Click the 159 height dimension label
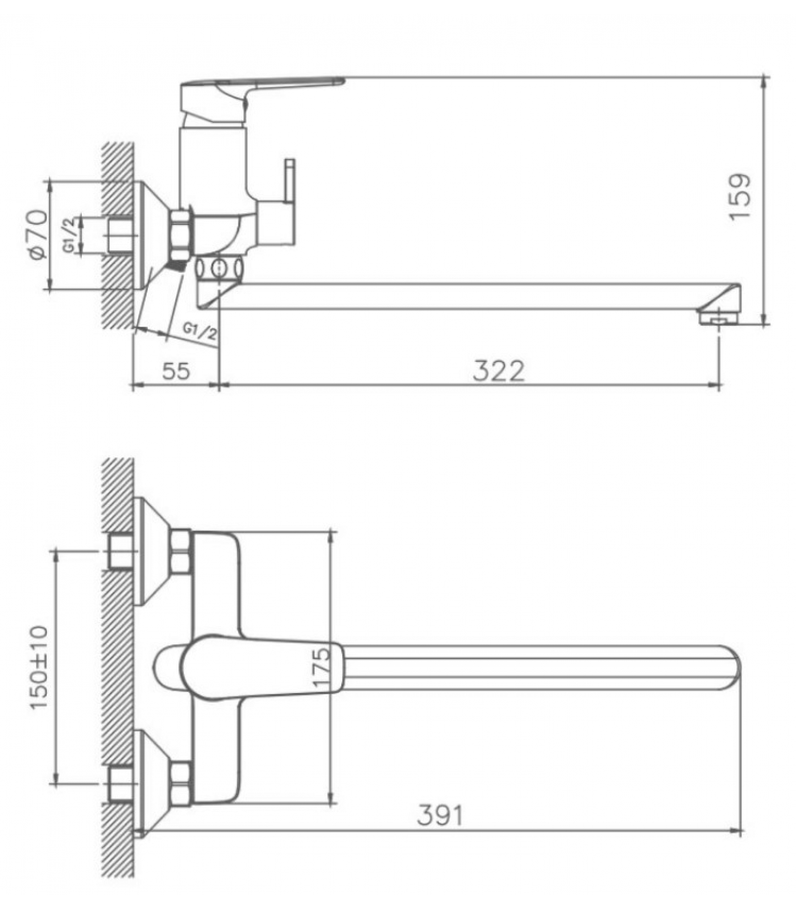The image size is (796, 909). [x=740, y=196]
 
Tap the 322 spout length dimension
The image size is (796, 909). [x=499, y=371]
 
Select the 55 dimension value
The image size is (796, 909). [x=176, y=372]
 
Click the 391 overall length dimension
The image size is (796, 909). [x=440, y=816]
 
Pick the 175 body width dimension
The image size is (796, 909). [x=321, y=667]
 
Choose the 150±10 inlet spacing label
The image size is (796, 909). [x=39, y=667]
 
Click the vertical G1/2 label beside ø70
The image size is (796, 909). [x=69, y=235]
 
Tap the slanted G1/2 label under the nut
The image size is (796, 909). [x=200, y=332]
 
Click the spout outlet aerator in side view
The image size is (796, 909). [x=719, y=317]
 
